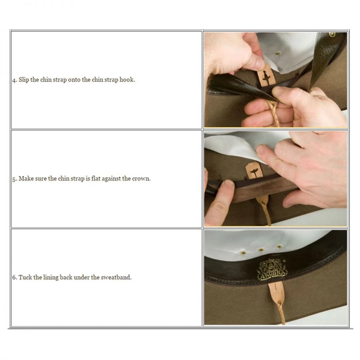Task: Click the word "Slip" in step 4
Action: [x=24, y=80]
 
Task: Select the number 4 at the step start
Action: [x=14, y=80]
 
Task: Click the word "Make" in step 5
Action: [x=25, y=178]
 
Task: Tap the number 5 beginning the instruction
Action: [x=14, y=179]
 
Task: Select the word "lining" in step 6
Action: [x=51, y=277]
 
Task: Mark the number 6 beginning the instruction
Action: [x=14, y=277]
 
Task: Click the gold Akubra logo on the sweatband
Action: [x=272, y=270]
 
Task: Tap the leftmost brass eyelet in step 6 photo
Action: [x=243, y=253]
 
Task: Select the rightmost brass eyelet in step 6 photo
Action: [x=279, y=246]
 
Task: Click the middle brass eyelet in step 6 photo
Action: [x=261, y=250]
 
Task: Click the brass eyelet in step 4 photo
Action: [x=278, y=54]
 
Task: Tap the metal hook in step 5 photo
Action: [x=254, y=172]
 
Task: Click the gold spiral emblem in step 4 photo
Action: [x=332, y=34]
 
